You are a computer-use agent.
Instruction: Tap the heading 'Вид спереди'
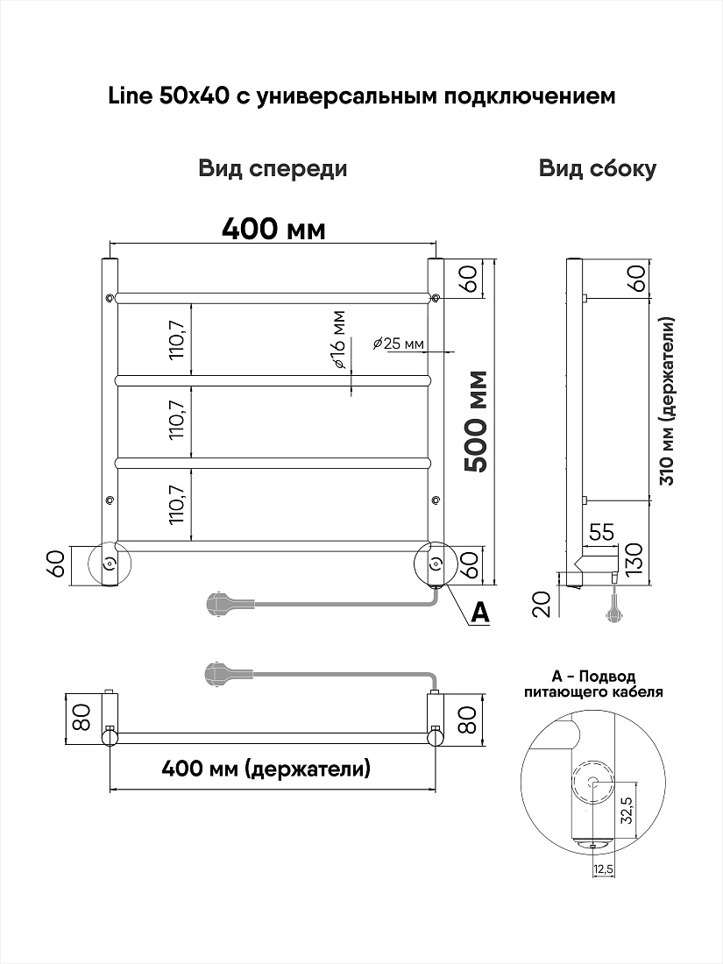click(273, 169)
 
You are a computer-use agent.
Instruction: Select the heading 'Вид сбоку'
click(598, 168)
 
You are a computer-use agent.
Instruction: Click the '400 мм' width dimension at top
click(273, 230)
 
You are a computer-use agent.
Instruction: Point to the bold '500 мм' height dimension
click(476, 422)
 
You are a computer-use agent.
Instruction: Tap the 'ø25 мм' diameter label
click(399, 344)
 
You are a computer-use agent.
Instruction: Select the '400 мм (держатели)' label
click(266, 768)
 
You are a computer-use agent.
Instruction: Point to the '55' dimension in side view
click(603, 533)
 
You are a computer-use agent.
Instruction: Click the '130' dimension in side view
click(634, 557)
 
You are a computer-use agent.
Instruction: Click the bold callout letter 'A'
click(478, 612)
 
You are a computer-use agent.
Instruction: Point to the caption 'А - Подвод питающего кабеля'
click(594, 684)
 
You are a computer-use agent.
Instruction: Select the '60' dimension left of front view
click(56, 564)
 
